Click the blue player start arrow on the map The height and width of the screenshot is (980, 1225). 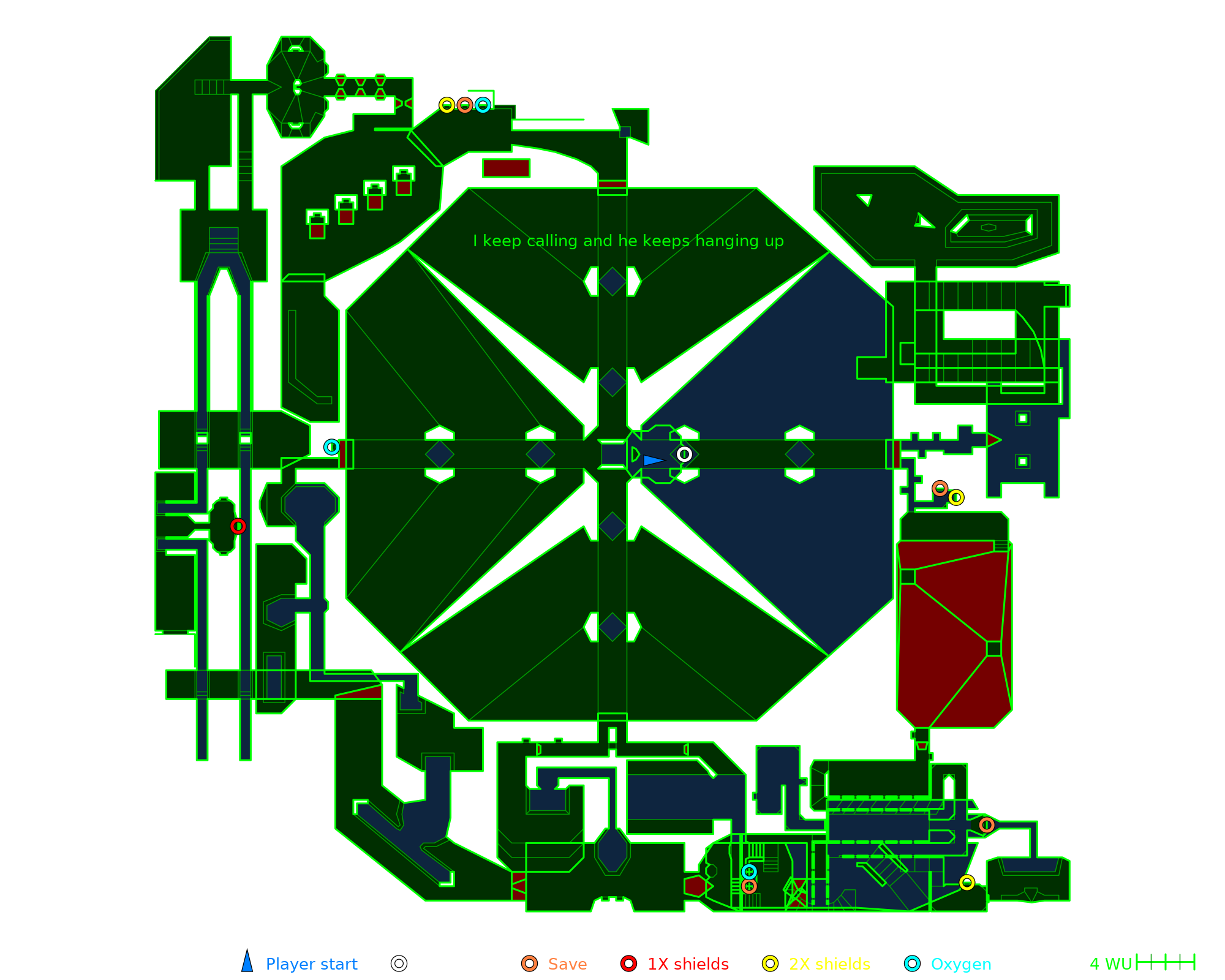tap(653, 460)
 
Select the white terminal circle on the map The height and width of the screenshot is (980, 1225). tap(684, 454)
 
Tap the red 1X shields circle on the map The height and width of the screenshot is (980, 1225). tap(238, 526)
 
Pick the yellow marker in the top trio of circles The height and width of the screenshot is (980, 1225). tap(447, 105)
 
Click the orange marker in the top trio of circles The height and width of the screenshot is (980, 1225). tap(465, 105)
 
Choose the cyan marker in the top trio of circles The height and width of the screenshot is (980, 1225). tap(483, 105)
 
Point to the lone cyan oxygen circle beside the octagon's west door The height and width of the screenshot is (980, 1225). tap(332, 447)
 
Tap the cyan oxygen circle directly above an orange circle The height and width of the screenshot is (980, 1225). tap(749, 872)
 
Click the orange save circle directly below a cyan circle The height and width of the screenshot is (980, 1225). tap(749, 886)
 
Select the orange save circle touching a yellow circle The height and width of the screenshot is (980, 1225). tap(940, 489)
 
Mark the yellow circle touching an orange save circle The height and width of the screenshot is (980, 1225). tap(956, 497)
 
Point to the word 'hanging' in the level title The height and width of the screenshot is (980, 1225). tap(727, 241)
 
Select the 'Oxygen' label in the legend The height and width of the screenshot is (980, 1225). tap(960, 964)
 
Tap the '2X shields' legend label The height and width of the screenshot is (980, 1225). tap(829, 964)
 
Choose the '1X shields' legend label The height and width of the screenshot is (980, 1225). tap(688, 964)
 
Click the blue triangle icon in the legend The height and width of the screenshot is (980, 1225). tap(247, 962)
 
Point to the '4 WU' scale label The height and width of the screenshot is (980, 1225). tap(1110, 964)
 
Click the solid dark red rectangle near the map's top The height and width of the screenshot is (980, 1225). tap(506, 168)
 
